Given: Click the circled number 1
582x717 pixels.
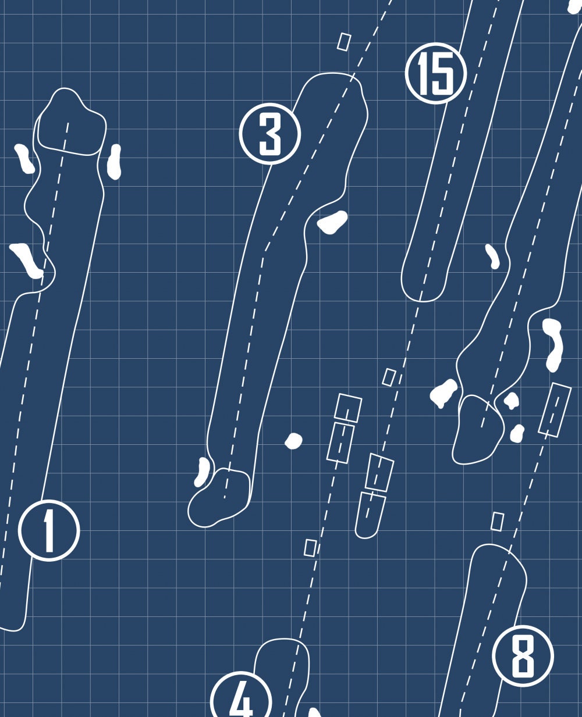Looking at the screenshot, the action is click(x=49, y=530).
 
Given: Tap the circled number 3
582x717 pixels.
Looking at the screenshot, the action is click(x=270, y=134).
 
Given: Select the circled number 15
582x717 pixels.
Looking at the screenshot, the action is click(x=436, y=73).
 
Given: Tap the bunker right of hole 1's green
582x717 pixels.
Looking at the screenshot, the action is click(x=114, y=162).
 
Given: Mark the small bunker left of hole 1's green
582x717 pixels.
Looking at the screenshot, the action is click(x=24, y=159).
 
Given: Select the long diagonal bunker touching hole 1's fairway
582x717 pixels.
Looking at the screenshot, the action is click(x=26, y=261).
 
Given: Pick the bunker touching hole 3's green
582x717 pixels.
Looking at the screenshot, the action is click(x=202, y=472).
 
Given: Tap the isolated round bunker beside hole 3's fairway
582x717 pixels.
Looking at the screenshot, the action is click(x=293, y=441).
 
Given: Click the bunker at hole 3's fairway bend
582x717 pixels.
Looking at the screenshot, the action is click(x=332, y=222).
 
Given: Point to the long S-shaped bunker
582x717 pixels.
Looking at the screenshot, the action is click(x=553, y=345).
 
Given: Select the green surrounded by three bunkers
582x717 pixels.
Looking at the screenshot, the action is click(x=478, y=430).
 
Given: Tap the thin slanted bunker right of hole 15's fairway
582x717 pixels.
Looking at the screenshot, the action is click(x=492, y=256).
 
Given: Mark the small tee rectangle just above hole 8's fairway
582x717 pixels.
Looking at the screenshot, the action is click(x=498, y=522).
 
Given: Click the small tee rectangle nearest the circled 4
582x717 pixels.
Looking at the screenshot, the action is click(x=310, y=548).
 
